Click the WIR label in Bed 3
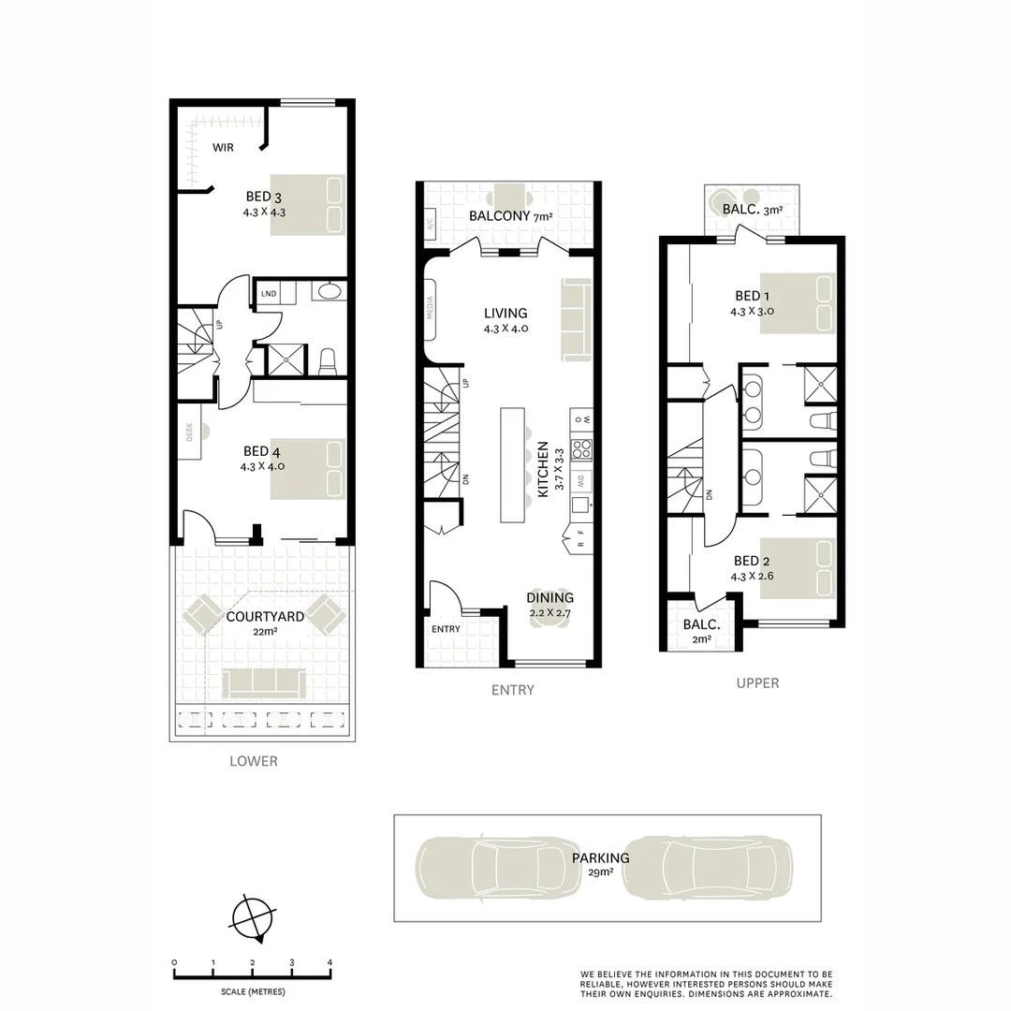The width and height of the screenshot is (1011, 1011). pos(223,147)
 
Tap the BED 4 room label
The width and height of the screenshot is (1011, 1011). pos(263,451)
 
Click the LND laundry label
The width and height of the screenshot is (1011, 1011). pos(270,294)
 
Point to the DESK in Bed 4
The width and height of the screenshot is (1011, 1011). pos(189,438)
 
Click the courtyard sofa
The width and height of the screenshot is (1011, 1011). pos(264,683)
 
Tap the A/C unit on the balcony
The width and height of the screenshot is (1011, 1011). pos(431,226)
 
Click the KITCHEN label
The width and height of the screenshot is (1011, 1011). pos(543,472)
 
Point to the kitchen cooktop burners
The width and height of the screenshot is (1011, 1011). pos(581,449)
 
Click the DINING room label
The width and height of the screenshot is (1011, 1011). pos(549,598)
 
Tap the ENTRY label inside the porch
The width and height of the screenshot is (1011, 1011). pos(446,629)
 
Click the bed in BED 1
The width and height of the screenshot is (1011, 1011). pos(796,302)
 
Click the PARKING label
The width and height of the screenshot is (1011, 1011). pos(600,857)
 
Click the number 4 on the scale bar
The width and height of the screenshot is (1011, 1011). pos(330,962)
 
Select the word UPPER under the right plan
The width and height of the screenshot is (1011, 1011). pos(757,683)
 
